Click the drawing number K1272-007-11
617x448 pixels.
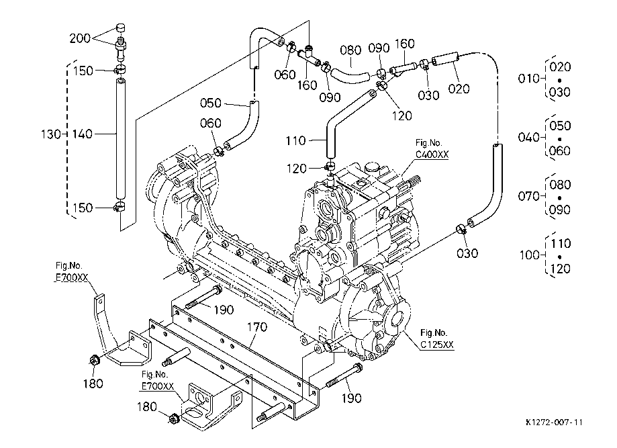(554, 422)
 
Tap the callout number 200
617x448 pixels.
(80, 38)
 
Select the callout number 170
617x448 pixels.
(257, 326)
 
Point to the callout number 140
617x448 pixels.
(82, 134)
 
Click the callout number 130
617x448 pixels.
(51, 134)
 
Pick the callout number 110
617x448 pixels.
(295, 140)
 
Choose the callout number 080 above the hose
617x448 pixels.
(350, 50)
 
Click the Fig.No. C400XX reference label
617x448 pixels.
(432, 148)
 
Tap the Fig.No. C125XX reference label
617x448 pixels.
(436, 339)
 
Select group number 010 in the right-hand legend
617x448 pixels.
(528, 79)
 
